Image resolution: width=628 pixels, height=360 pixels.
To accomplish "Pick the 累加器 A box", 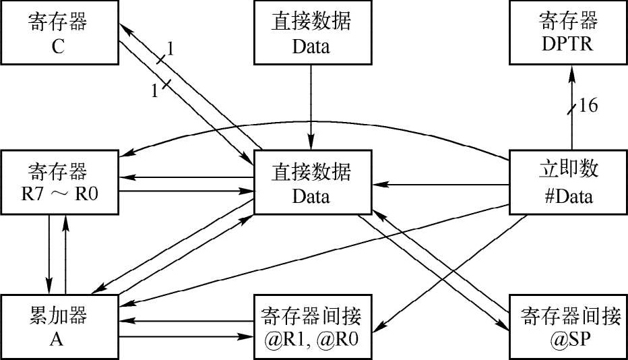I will click(59, 326).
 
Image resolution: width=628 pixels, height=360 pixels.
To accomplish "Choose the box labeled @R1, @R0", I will click(311, 326).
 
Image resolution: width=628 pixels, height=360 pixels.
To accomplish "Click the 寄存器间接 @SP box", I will click(568, 326).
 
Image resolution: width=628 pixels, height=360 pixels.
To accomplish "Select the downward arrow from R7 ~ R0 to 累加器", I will click(49, 249).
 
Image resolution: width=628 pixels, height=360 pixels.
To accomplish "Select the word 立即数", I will click(568, 169).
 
